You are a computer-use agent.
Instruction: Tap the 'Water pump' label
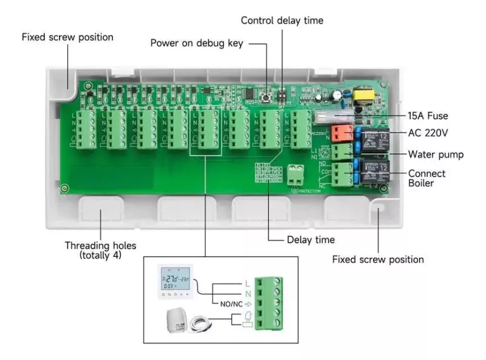pyautogui.click(x=436, y=154)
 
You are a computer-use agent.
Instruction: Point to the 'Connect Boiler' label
pyautogui.click(x=426, y=178)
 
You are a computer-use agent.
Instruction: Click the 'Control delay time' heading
pyautogui.click(x=282, y=20)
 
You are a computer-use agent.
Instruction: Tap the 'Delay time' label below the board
pyautogui.click(x=310, y=240)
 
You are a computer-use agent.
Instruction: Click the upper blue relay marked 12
pyautogui.click(x=372, y=138)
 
